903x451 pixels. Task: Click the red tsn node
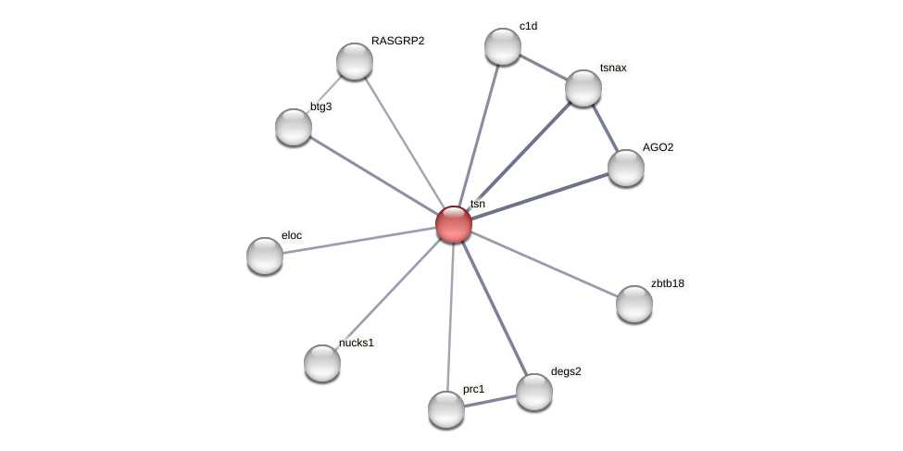(x=454, y=224)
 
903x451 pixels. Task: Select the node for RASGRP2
(x=355, y=61)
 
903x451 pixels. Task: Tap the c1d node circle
(x=503, y=46)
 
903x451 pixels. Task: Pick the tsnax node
(x=583, y=88)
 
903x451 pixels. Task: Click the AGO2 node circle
(x=626, y=168)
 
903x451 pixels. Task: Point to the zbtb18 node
(x=634, y=304)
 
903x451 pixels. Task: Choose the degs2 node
(x=534, y=392)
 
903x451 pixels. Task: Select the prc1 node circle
(x=446, y=409)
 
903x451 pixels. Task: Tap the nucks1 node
(x=322, y=363)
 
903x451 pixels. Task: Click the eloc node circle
(x=265, y=256)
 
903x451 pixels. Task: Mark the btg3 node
(x=294, y=127)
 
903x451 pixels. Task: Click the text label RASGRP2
(x=397, y=41)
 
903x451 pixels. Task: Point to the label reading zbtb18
(x=667, y=283)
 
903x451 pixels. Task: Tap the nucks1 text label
(x=357, y=343)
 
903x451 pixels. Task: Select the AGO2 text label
(x=658, y=147)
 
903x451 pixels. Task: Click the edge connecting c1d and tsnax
(x=544, y=68)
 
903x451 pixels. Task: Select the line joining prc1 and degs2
(x=491, y=401)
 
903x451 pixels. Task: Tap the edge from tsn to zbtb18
(x=545, y=264)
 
